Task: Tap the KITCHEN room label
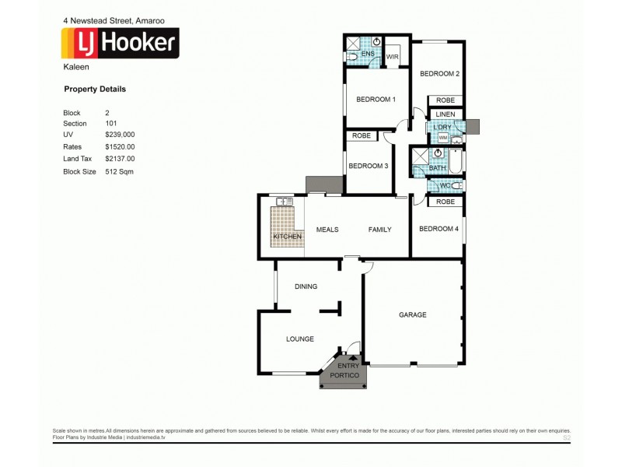(x=286, y=236)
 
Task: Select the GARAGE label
(x=412, y=315)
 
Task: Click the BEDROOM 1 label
(x=376, y=100)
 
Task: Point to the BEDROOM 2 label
(x=440, y=74)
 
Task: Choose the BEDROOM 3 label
(x=368, y=166)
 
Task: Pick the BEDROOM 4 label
(x=439, y=229)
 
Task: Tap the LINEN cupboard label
(x=445, y=114)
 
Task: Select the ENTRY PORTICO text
(x=344, y=370)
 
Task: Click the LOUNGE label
(x=299, y=339)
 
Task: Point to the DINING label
(x=306, y=286)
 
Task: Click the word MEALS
(x=327, y=230)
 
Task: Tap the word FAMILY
(x=379, y=230)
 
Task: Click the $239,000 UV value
(x=120, y=135)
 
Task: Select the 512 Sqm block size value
(x=119, y=170)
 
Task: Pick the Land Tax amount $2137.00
(x=120, y=158)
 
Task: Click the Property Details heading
(x=94, y=90)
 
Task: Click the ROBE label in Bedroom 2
(x=445, y=100)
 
